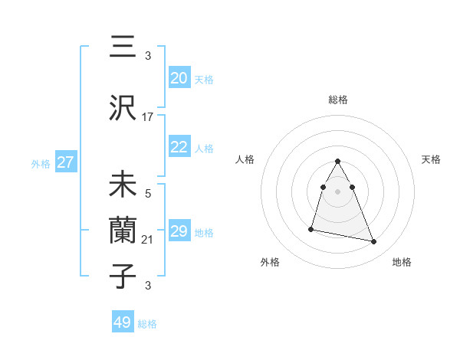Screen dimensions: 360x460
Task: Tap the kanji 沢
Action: pyautogui.click(x=123, y=110)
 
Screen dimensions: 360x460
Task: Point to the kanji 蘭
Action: pyautogui.click(x=123, y=232)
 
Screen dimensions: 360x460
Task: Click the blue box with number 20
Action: pyautogui.click(x=179, y=77)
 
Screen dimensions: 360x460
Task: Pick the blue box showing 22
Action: pyautogui.click(x=179, y=147)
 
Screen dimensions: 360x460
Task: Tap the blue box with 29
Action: pyautogui.click(x=179, y=231)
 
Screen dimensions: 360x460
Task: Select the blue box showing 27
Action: pyautogui.click(x=65, y=162)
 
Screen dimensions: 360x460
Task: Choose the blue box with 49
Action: pyautogui.click(x=123, y=322)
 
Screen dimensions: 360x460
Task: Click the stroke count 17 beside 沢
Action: pyautogui.click(x=148, y=117)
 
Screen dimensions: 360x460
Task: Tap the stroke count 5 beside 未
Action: pyautogui.click(x=148, y=195)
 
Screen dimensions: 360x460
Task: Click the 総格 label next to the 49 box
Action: pyautogui.click(x=147, y=324)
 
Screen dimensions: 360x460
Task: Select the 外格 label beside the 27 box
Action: pyautogui.click(x=41, y=163)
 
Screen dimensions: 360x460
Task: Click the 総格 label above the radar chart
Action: pyautogui.click(x=338, y=100)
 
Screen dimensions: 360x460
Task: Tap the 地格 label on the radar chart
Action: pyautogui.click(x=402, y=262)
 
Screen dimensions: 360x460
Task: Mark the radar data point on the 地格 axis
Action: pyautogui.click(x=374, y=242)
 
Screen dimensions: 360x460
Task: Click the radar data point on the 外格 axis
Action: pyautogui.click(x=311, y=228)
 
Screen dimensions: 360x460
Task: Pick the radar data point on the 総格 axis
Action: pyautogui.click(x=338, y=161)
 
